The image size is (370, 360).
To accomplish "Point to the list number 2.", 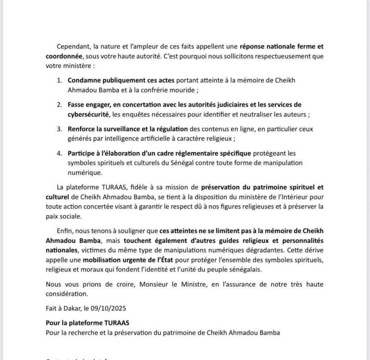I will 59,105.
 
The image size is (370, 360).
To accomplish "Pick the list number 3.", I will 59,129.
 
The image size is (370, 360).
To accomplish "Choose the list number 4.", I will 59,153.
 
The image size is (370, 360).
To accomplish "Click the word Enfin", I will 65,231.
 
